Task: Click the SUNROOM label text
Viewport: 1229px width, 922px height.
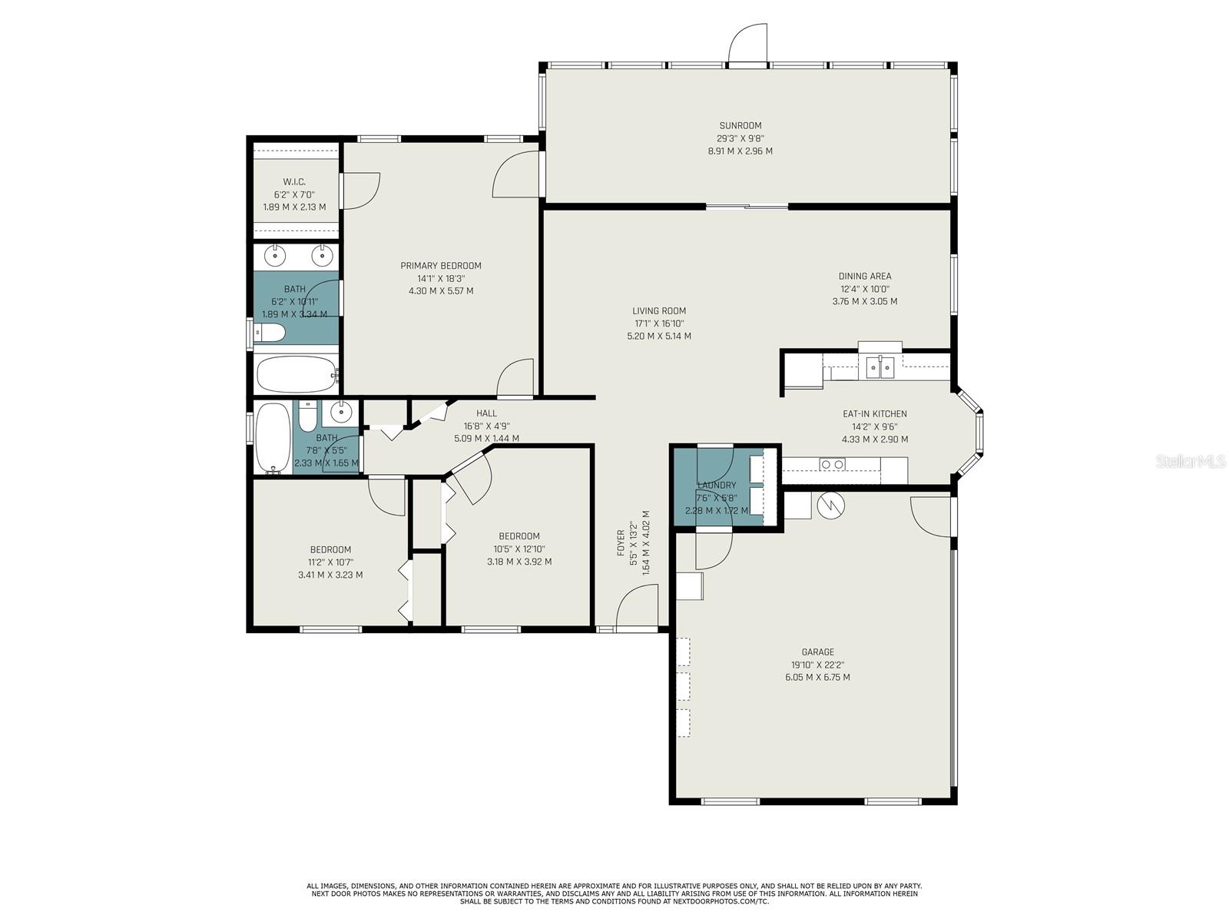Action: (740, 125)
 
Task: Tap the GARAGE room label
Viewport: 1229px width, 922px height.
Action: (817, 652)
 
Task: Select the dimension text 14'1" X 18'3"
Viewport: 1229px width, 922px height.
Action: (441, 278)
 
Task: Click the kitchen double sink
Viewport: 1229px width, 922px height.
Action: (880, 368)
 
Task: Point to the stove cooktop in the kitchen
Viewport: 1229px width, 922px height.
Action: (832, 464)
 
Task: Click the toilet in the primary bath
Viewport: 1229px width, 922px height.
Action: (270, 332)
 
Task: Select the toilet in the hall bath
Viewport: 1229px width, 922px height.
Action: (307, 417)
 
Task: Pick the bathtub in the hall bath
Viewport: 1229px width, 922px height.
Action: (272, 438)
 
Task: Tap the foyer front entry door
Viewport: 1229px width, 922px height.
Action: (637, 608)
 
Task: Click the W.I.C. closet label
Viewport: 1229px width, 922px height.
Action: (294, 182)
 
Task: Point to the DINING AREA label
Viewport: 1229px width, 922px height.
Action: (864, 276)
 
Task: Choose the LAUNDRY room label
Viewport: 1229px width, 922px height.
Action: (716, 485)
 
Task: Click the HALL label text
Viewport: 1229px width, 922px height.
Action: (486, 413)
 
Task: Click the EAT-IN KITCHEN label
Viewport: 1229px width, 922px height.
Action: (874, 413)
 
